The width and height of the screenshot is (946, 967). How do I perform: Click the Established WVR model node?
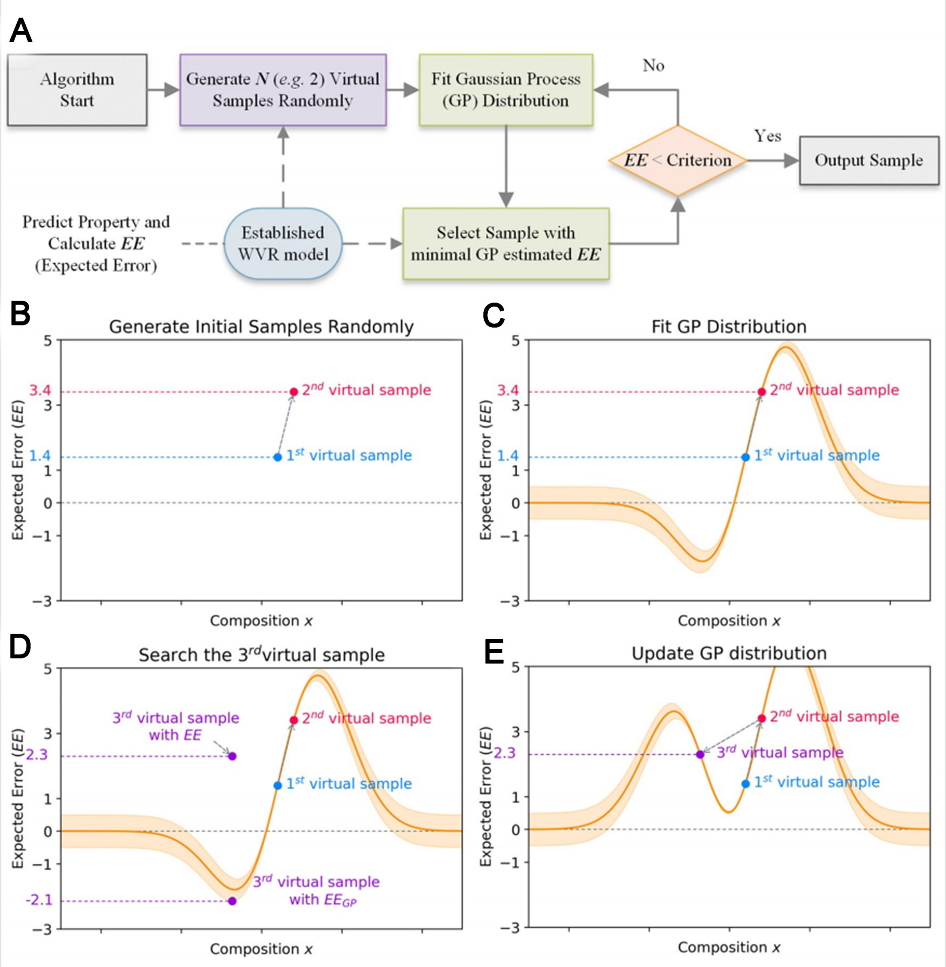pyautogui.click(x=283, y=244)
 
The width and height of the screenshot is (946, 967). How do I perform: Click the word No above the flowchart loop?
pyautogui.click(x=653, y=65)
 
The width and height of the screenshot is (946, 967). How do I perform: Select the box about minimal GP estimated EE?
pyautogui.click(x=506, y=244)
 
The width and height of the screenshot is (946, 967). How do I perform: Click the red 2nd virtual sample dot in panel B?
pyautogui.click(x=294, y=392)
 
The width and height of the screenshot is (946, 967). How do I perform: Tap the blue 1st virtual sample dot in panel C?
pyautogui.click(x=745, y=457)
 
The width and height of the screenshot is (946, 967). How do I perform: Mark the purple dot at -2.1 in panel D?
pyautogui.click(x=232, y=901)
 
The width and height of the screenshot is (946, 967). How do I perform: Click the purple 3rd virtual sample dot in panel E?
pyautogui.click(x=700, y=754)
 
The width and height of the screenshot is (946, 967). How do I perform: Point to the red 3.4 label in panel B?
pyautogui.click(x=40, y=390)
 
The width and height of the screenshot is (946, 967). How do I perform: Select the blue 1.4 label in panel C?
pyautogui.click(x=508, y=455)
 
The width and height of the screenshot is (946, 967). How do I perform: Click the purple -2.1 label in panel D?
pyautogui.click(x=39, y=900)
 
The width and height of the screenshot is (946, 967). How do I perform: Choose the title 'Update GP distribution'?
pyautogui.click(x=729, y=653)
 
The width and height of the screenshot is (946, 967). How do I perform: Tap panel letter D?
pyautogui.click(x=20, y=647)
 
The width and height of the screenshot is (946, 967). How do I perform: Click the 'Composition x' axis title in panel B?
pyautogui.click(x=261, y=620)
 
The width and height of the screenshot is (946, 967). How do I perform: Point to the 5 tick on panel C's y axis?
pyautogui.click(x=516, y=341)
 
